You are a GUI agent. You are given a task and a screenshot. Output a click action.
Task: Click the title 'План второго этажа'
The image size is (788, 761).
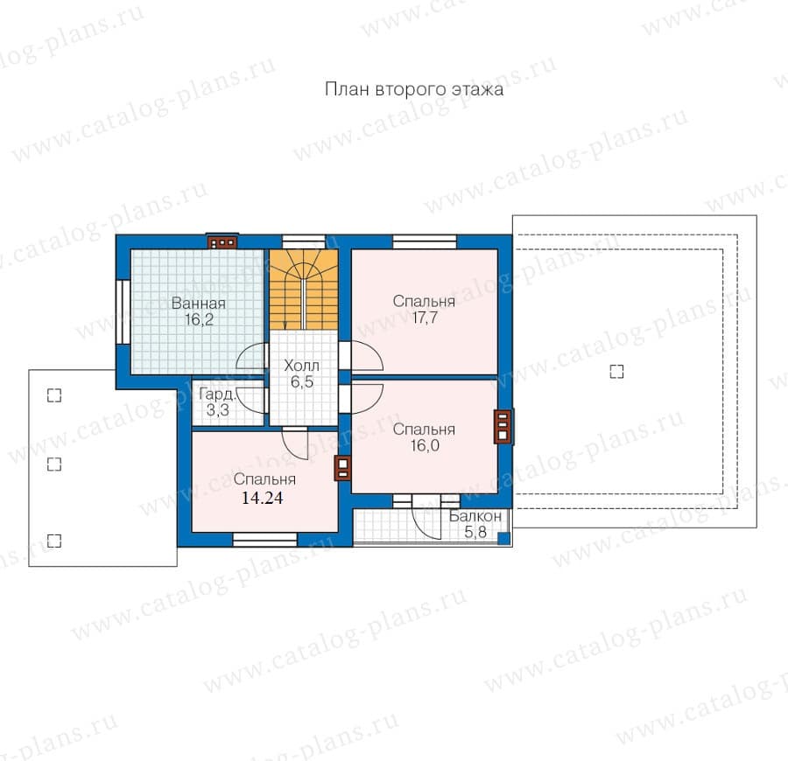coord(413,89)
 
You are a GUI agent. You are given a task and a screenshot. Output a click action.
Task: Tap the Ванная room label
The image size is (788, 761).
coord(199,304)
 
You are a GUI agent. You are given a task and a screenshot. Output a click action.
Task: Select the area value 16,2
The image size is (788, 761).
coord(199,320)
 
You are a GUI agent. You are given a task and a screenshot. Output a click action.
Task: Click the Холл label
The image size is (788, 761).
coord(301,365)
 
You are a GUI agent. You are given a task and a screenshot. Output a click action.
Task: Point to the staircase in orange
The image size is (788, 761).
coord(304,290)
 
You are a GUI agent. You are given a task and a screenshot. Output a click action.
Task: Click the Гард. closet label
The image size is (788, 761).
coord(217,394)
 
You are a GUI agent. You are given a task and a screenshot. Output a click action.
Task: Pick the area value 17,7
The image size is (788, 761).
coord(425,318)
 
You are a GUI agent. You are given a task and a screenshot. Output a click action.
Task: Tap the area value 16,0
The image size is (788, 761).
coord(425,446)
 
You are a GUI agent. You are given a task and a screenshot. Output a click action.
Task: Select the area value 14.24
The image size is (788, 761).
coord(263,498)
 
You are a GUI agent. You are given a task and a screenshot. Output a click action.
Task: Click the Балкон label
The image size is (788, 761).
coord(475,516)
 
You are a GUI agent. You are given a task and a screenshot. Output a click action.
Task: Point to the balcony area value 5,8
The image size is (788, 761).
coord(475,532)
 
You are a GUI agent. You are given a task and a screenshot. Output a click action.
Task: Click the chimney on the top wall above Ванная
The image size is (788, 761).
coord(222,242)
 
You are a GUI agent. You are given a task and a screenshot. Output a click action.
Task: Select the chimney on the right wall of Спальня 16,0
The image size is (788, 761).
coord(504,427)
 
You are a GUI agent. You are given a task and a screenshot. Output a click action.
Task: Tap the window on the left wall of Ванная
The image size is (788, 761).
coord(123,311)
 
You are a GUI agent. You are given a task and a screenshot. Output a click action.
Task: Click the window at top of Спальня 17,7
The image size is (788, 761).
coord(425,242)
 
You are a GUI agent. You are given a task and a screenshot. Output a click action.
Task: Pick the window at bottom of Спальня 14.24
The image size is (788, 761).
coord(264,540)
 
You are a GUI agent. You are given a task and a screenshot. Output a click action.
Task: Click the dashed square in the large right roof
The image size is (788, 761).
coord(616,372)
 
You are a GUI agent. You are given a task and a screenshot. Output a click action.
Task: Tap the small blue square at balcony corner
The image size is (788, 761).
coord(504,539)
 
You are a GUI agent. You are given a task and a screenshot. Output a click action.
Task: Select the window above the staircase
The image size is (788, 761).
coord(304,242)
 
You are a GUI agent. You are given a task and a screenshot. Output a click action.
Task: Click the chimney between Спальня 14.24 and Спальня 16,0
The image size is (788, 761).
coord(343,468)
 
